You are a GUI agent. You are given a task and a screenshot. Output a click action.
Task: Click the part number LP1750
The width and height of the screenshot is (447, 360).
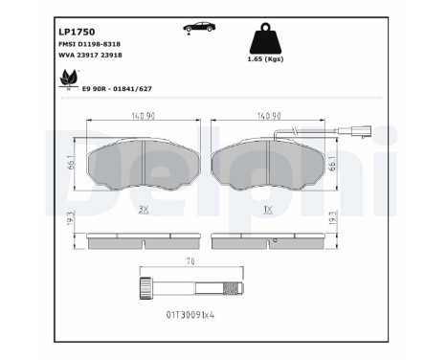tap(77, 32)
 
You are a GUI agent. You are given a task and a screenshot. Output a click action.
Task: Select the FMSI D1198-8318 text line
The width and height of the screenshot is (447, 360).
tap(89, 44)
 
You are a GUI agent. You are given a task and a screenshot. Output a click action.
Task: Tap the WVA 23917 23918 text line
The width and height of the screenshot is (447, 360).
tap(90, 55)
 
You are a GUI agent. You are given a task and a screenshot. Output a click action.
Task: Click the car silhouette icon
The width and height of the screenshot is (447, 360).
tap(199, 28)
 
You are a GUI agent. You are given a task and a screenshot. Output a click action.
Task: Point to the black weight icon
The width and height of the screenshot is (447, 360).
tap(265, 38)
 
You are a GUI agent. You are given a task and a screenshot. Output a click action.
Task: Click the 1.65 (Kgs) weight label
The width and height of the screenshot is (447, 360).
tap(265, 58)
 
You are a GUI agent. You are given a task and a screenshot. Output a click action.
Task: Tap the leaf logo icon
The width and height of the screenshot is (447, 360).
tap(69, 79)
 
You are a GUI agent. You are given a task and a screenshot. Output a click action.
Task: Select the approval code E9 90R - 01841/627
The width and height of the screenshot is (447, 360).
tap(117, 89)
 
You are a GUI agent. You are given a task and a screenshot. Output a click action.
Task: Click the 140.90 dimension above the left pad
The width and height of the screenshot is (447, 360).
tap(144, 116)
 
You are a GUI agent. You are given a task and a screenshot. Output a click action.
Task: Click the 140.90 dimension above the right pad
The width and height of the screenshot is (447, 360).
tap(269, 116)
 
